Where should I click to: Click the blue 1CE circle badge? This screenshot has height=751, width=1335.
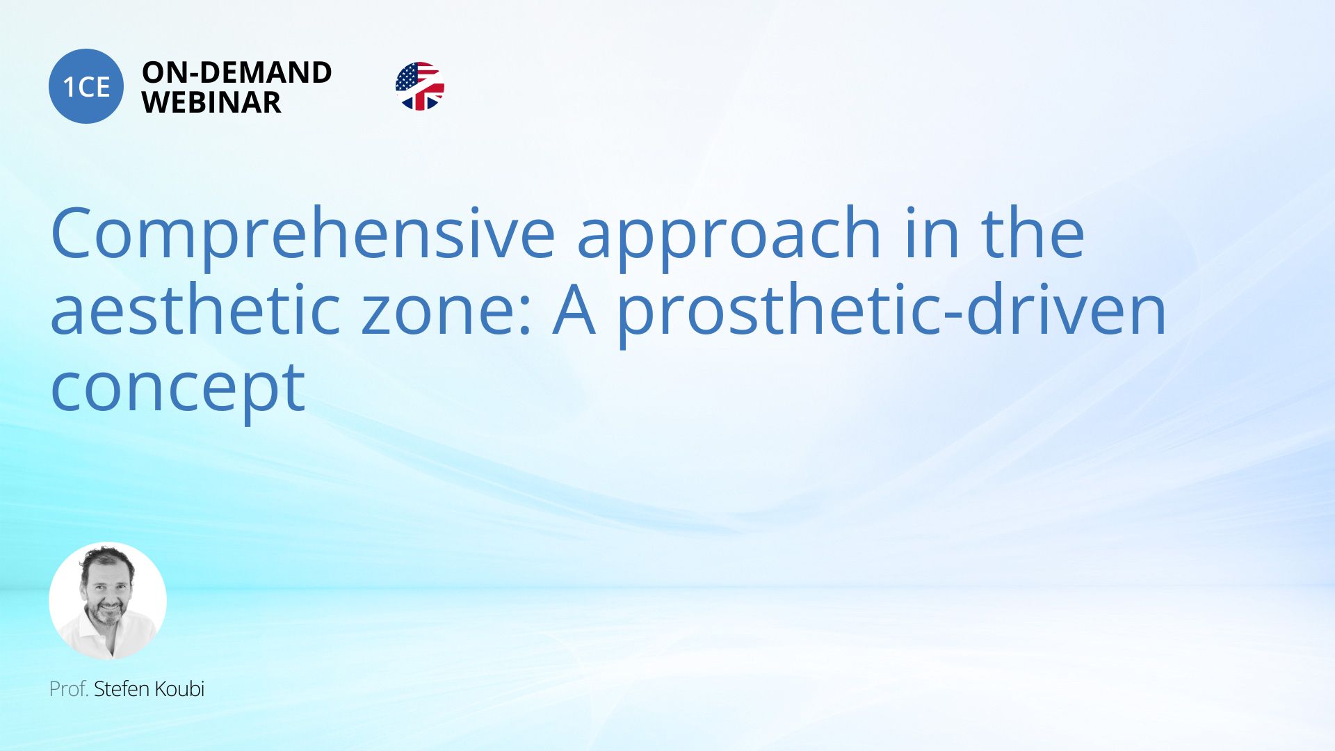[86, 86]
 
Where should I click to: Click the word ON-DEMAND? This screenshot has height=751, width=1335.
[237, 72]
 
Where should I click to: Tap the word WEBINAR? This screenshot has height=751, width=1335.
[211, 102]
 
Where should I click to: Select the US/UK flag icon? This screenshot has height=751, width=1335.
[420, 86]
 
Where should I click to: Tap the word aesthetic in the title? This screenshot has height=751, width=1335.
[195, 310]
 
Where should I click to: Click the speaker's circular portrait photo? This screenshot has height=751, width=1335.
[108, 601]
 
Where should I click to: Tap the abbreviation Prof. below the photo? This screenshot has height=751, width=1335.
[69, 688]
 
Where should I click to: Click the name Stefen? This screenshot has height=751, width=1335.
[121, 688]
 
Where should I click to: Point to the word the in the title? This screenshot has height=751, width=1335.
[1033, 233]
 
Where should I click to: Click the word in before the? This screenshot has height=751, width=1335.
[932, 233]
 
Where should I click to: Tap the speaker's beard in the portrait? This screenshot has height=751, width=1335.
[106, 615]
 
